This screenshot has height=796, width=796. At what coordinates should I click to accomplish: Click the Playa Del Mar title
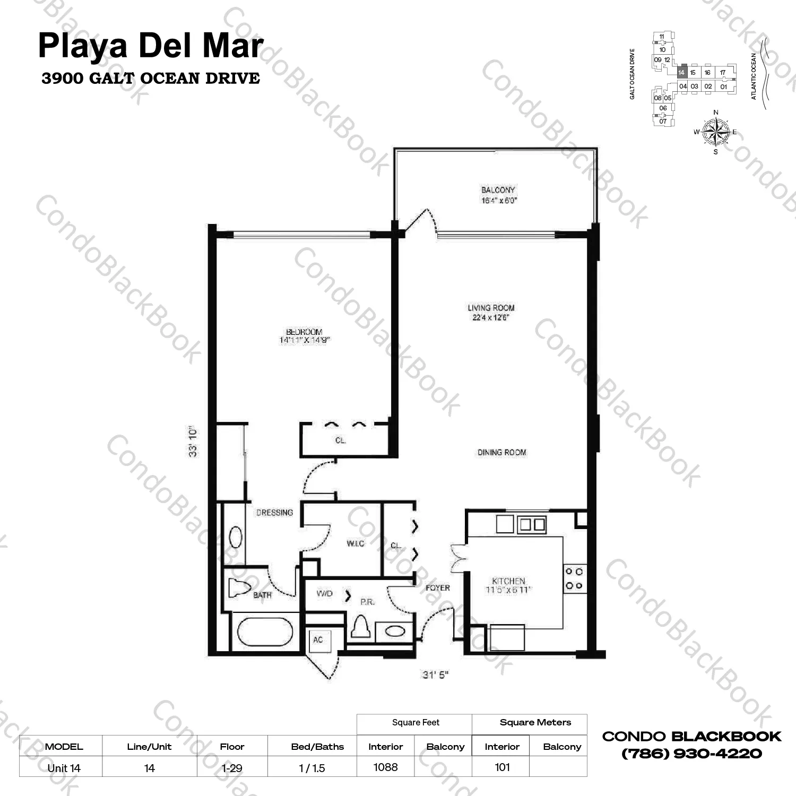click(151, 46)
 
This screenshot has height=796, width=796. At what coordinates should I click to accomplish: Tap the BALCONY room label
click(498, 190)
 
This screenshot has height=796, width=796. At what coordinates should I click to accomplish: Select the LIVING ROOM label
click(491, 308)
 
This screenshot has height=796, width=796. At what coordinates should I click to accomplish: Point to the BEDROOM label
click(304, 332)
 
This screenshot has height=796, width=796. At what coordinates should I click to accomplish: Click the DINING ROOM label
click(501, 453)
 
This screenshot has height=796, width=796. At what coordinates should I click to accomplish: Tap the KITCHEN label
click(508, 581)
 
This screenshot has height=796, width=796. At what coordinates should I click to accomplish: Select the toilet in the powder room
click(362, 627)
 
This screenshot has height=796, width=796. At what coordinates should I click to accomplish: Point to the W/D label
click(324, 593)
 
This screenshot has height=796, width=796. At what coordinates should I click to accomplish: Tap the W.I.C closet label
click(355, 543)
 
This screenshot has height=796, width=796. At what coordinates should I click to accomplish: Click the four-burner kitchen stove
click(574, 578)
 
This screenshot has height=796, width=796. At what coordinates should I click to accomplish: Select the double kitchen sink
click(532, 524)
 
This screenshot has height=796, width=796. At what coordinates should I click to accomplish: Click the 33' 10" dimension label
click(193, 441)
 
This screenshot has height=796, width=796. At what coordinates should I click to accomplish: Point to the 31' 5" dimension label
click(436, 674)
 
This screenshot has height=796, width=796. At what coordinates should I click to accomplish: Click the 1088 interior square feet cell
click(385, 767)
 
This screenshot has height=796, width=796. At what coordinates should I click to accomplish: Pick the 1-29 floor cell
click(232, 768)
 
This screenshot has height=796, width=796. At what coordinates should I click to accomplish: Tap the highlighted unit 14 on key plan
click(682, 73)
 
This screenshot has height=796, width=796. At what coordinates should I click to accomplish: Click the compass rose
click(715, 132)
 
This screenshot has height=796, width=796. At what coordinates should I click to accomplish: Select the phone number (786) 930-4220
click(691, 754)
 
